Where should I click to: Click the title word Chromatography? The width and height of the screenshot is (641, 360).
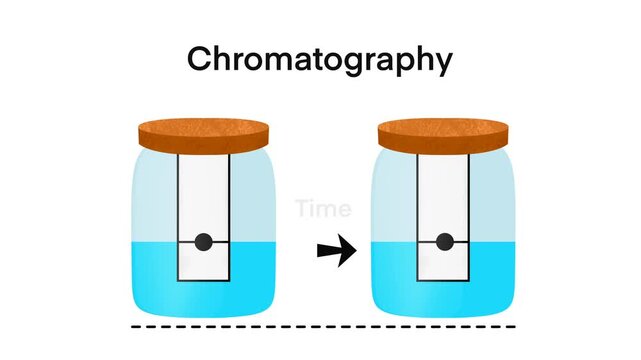(320, 60)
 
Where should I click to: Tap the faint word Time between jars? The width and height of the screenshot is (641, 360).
(323, 209)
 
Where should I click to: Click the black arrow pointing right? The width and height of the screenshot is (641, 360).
(336, 252)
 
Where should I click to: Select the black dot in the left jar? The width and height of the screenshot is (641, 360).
(203, 241)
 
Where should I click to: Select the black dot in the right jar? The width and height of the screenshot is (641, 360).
(444, 241)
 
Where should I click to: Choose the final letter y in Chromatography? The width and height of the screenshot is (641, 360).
(441, 64)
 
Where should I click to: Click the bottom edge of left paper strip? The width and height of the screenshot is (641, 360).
(203, 281)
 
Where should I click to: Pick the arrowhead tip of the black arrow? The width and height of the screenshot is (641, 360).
(354, 252)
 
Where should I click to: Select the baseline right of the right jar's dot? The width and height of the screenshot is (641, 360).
(462, 241)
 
